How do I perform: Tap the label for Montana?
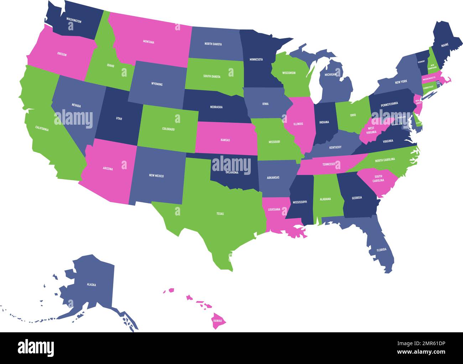click(149, 42)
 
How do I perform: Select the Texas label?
click(220, 214)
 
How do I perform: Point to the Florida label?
click(381, 250)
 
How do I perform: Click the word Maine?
click(445, 45)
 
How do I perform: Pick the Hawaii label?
click(218, 321)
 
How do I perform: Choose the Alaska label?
click(91, 285)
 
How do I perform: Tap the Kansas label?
click(225, 140)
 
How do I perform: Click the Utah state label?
click(119, 119)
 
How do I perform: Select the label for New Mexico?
click(156, 176)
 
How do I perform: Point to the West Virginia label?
click(371, 130)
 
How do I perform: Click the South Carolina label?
click(378, 178)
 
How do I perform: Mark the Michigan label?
click(330, 75)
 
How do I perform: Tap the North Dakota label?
click(213, 44)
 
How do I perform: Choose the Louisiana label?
click(274, 209)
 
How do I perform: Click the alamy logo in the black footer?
click(36, 347)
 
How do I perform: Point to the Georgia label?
click(357, 198)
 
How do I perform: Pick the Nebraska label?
click(216, 107)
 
